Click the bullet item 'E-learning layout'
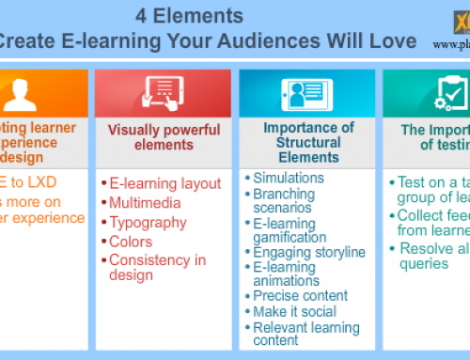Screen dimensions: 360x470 tap(164, 183)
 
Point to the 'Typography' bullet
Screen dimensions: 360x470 tap(149, 222)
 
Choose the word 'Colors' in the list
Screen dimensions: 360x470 tap(131, 241)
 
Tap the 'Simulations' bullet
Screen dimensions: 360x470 tap(290, 178)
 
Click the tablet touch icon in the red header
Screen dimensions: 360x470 tap(163, 92)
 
